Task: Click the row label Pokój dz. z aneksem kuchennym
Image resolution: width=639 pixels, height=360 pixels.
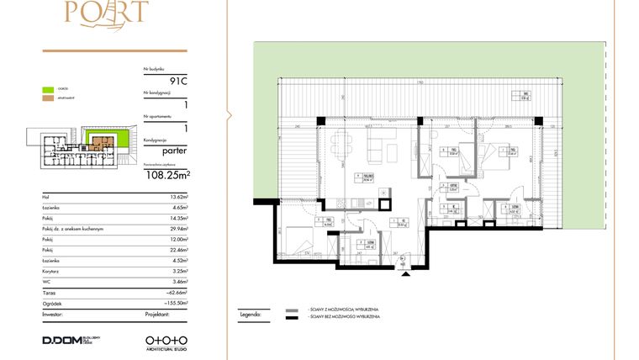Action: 72,228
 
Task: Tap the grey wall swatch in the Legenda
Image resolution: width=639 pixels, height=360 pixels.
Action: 293,310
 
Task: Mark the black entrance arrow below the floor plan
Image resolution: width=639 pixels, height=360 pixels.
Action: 404,267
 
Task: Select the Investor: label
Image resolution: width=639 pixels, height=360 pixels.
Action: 53,313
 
